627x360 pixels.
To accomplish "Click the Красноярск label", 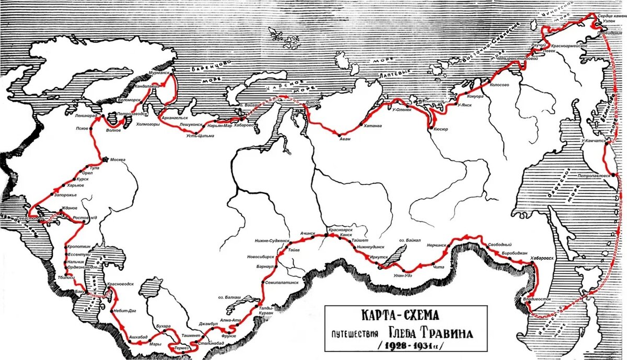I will pos(340,229).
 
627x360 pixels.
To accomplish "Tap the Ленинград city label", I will pos(86,115).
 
